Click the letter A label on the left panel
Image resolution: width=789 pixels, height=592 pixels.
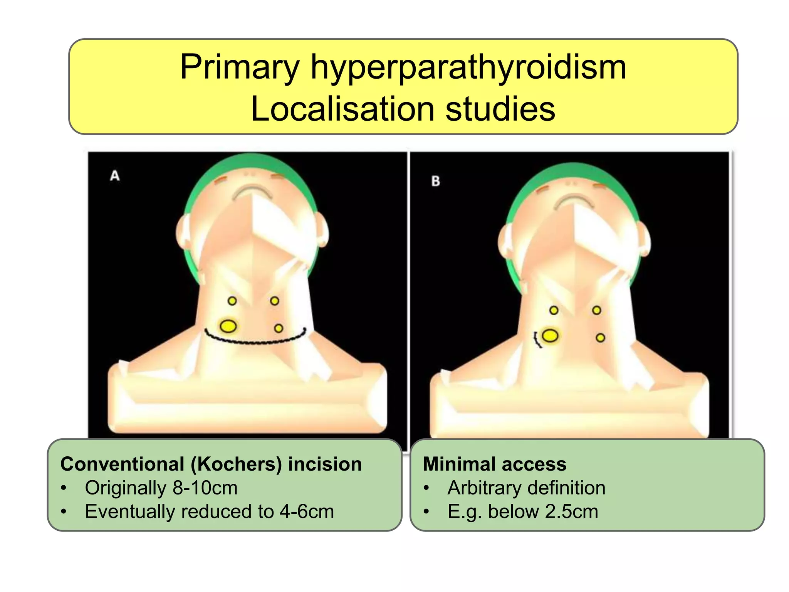point(115,176)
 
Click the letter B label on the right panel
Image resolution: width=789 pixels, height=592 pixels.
point(436,181)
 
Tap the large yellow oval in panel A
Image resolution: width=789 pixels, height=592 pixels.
point(228,326)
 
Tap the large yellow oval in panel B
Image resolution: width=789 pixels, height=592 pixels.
point(550,336)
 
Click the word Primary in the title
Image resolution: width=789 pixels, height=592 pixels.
point(240,67)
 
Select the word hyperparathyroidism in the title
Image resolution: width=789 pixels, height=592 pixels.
point(468,68)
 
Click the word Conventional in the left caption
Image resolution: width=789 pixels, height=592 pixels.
point(122,464)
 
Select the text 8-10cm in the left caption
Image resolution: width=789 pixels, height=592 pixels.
point(205,488)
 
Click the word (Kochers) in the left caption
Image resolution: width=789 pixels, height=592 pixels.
point(237,464)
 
